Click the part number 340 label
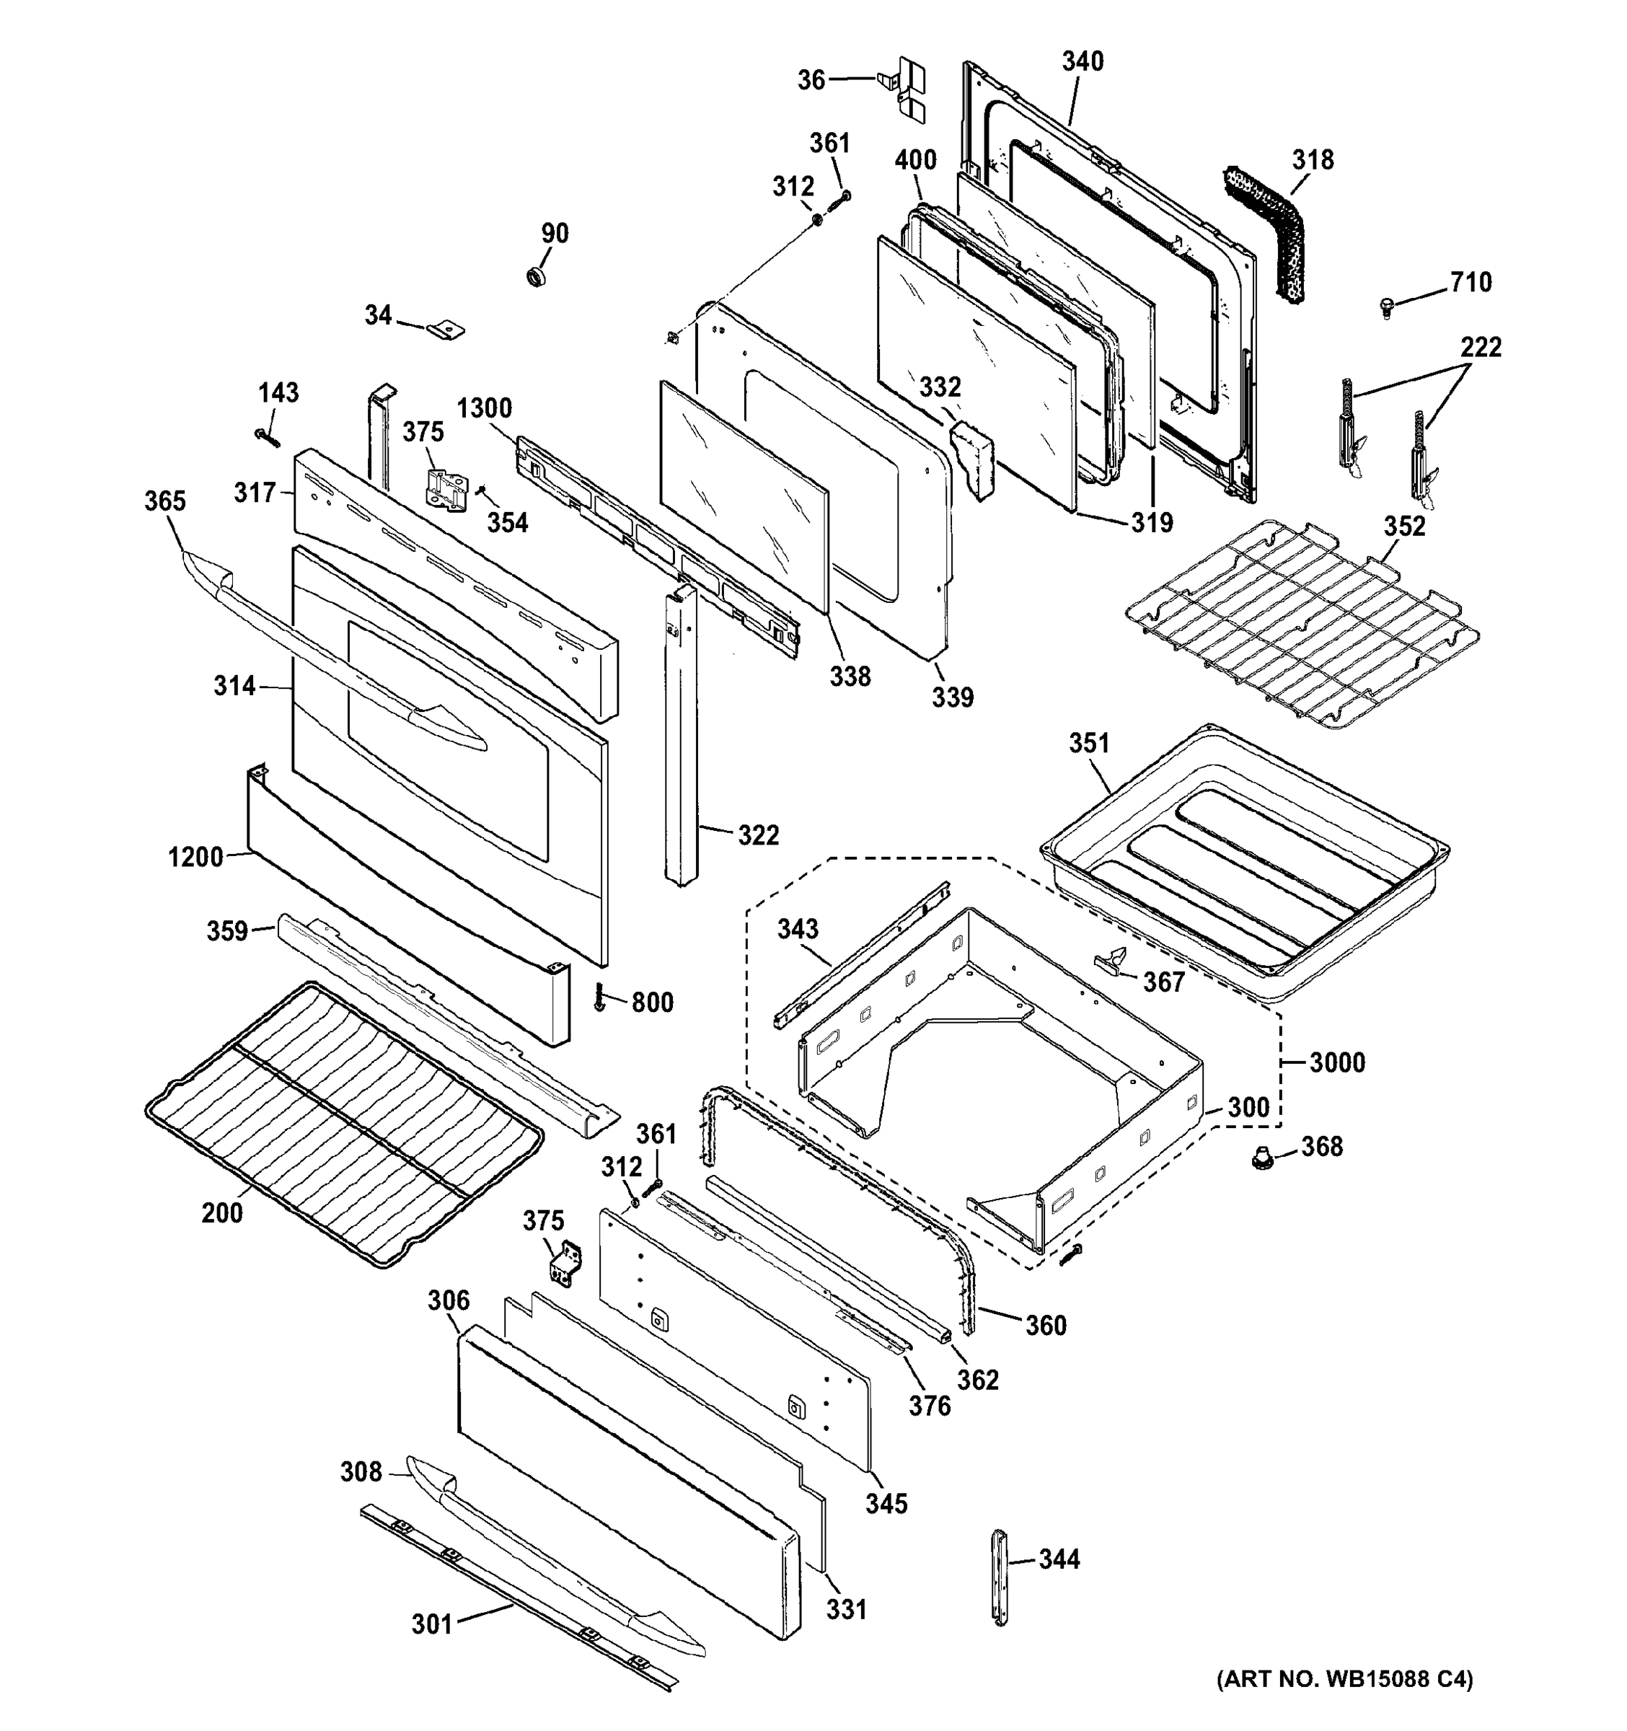pyautogui.click(x=1082, y=61)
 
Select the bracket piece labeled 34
pyautogui.click(x=446, y=329)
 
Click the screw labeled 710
pyautogui.click(x=1387, y=307)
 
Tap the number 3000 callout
pyautogui.click(x=1336, y=1062)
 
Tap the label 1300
pyautogui.click(x=484, y=408)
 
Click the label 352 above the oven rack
pyautogui.click(x=1404, y=526)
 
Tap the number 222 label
pyautogui.click(x=1480, y=348)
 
